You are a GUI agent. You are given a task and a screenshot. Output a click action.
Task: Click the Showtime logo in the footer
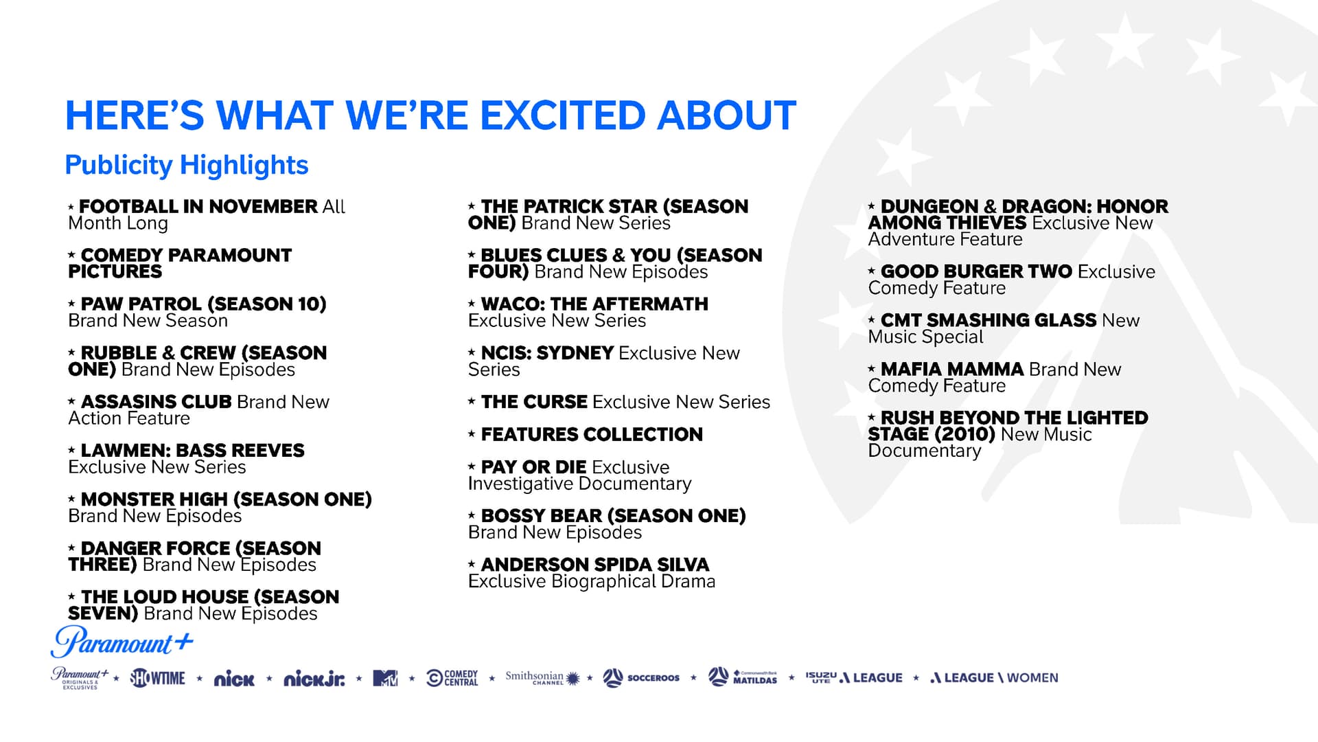coord(158,678)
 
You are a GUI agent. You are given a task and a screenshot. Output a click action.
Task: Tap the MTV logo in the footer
coord(385,678)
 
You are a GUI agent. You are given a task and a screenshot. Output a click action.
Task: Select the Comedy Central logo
coord(452,678)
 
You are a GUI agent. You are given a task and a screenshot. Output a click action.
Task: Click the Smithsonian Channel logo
coord(542,678)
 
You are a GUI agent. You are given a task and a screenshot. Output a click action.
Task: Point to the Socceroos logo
coord(641,678)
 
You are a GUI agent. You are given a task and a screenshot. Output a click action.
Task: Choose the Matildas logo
coord(743,677)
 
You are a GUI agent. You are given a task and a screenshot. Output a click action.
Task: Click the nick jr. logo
coord(314,679)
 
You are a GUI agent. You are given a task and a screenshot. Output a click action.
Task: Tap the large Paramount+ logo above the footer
coord(122,642)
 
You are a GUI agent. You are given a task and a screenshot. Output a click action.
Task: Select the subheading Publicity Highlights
coord(187,165)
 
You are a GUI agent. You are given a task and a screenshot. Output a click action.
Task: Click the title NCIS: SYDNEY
coord(547,352)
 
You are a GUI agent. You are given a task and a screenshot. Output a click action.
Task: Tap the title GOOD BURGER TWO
coord(976,271)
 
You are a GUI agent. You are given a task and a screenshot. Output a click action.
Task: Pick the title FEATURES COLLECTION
coord(592,434)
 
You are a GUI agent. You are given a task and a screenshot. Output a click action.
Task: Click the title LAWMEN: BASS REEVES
coord(192,450)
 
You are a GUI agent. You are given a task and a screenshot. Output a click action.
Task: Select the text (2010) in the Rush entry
coord(964,434)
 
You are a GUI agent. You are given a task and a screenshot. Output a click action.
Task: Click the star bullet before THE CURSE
coord(472,401)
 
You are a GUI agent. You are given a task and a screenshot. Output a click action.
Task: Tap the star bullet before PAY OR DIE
coord(472,466)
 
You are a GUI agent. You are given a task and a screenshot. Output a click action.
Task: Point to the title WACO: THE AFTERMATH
coord(594,304)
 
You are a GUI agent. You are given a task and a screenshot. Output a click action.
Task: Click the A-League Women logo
coord(994,678)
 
